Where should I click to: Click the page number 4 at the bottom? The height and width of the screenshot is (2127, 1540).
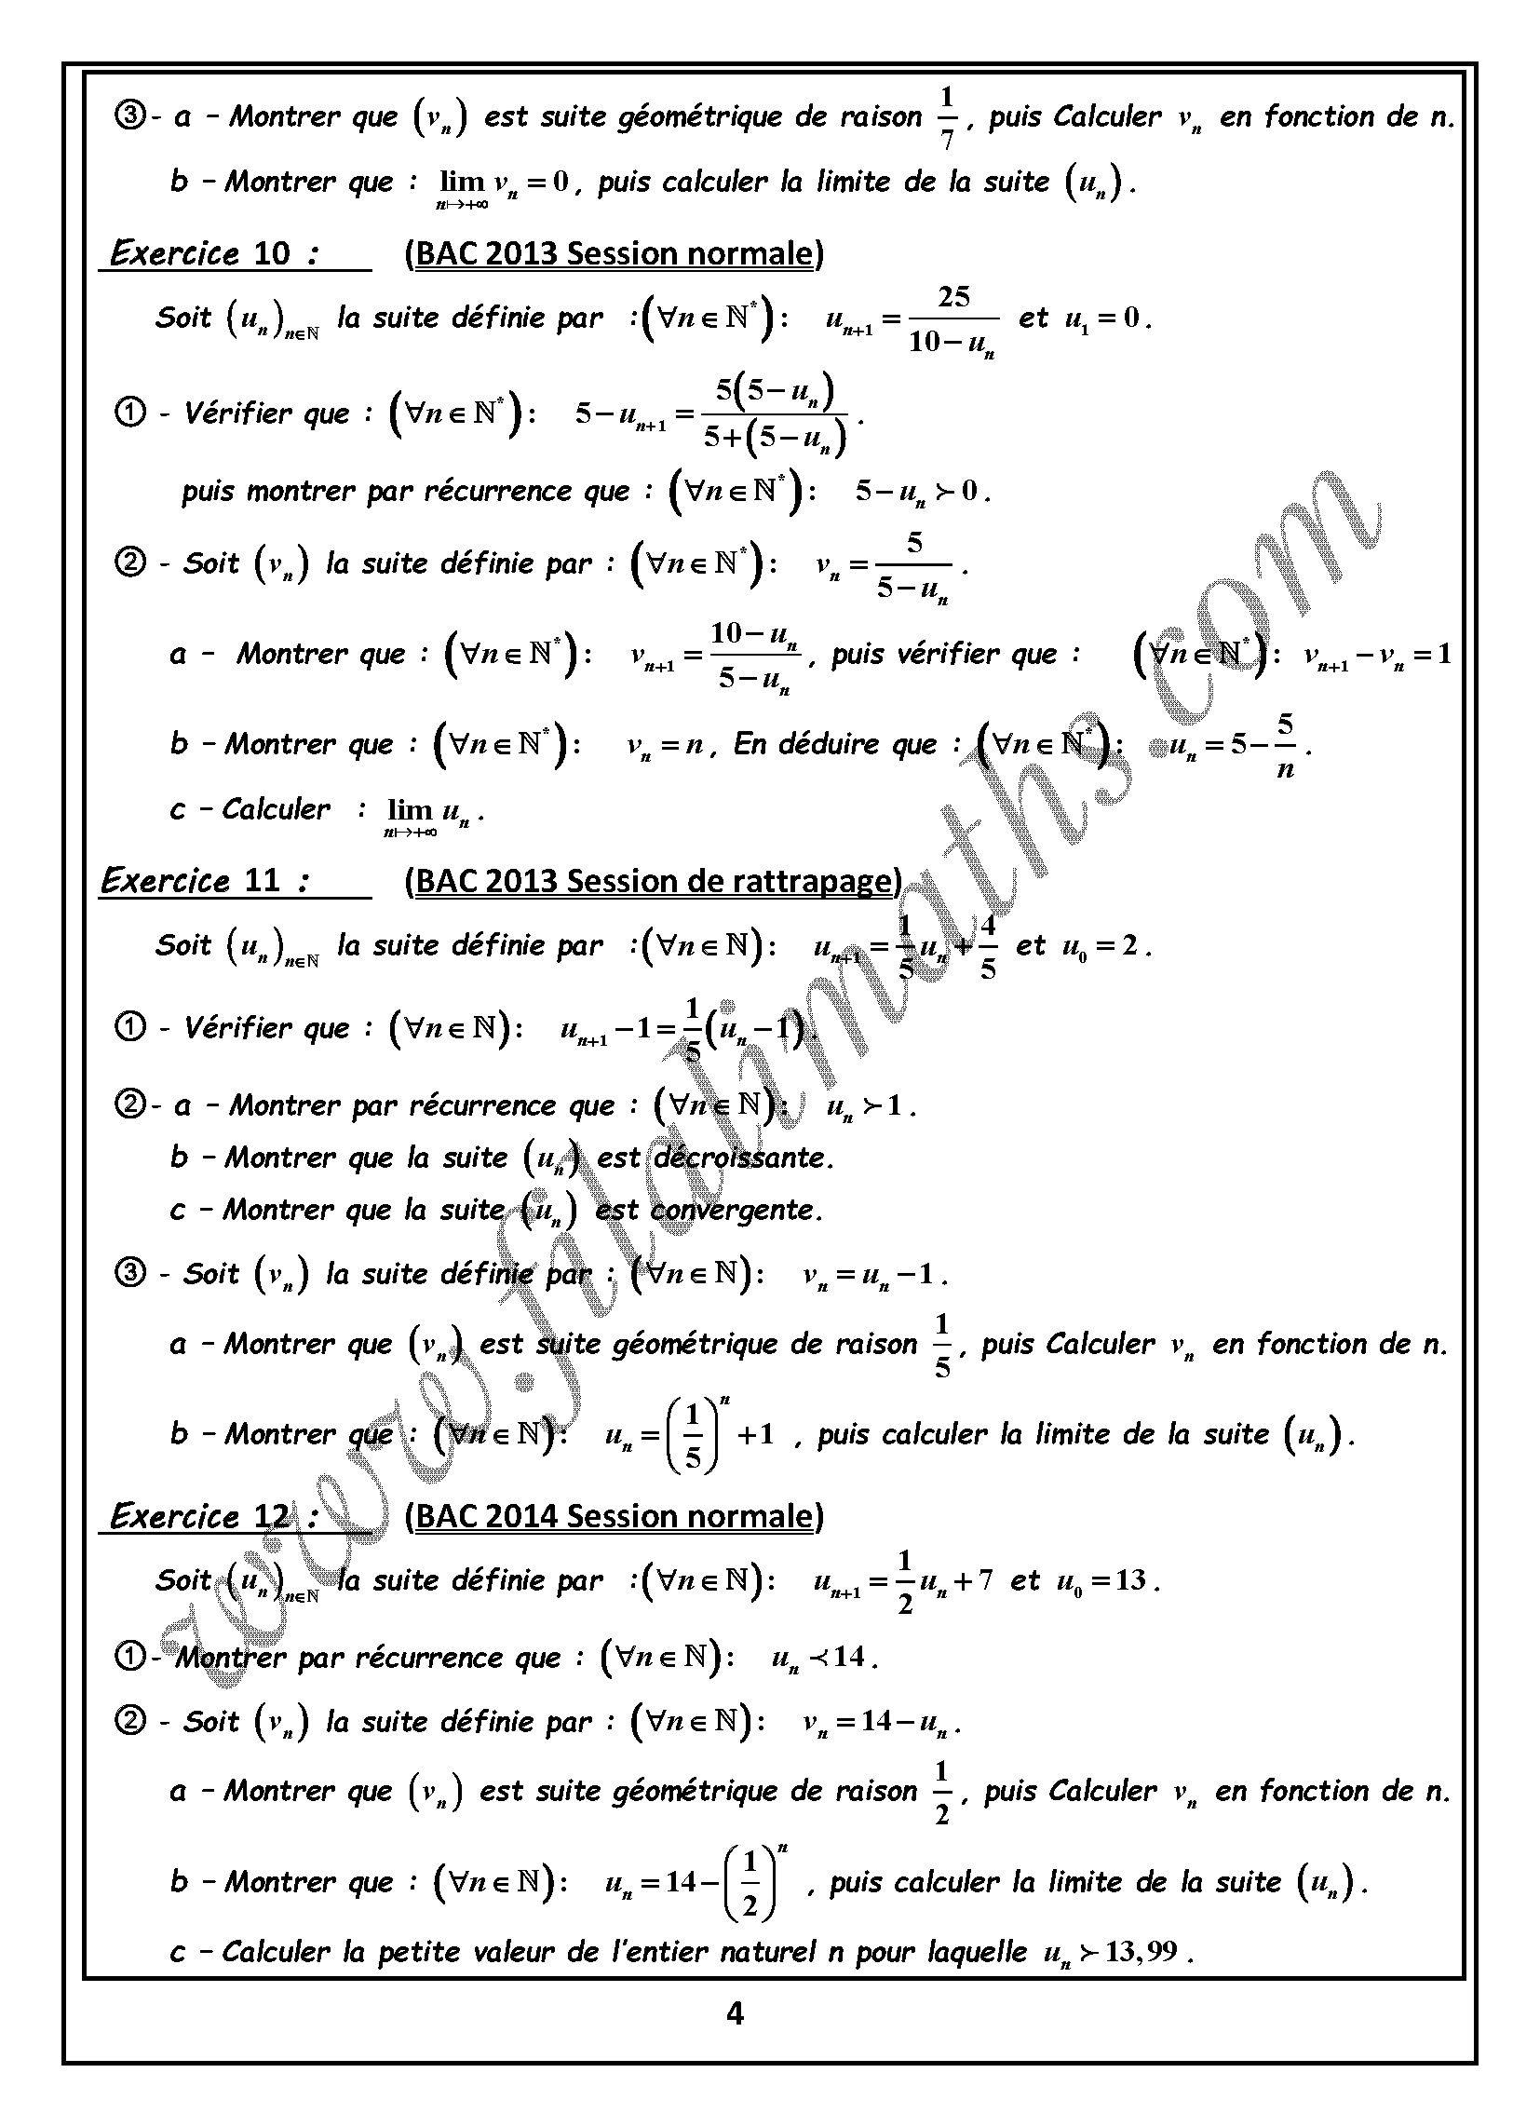[x=735, y=2013]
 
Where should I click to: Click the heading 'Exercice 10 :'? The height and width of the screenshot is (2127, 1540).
[x=214, y=254]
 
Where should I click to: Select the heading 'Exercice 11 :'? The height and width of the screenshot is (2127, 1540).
[x=206, y=882]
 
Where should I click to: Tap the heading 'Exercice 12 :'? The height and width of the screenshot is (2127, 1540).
[x=214, y=1516]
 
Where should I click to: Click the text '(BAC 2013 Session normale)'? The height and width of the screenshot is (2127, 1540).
[x=615, y=254]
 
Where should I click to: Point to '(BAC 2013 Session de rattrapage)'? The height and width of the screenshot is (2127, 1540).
[x=654, y=882]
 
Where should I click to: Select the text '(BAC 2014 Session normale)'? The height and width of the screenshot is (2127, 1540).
[x=615, y=1516]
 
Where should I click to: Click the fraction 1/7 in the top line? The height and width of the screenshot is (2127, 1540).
[x=946, y=118]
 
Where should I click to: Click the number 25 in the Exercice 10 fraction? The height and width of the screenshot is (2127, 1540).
[x=952, y=297]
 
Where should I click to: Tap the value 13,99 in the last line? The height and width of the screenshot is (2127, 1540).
[x=1141, y=1952]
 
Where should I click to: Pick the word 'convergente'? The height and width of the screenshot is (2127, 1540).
[x=736, y=1210]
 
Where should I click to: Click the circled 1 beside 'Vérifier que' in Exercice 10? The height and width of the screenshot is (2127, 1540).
[x=130, y=413]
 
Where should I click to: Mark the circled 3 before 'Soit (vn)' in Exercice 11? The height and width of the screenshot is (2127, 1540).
[x=130, y=1273]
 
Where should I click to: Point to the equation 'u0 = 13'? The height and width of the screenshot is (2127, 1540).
[x=1103, y=1581]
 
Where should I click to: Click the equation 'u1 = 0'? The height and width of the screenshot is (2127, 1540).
[x=1103, y=318]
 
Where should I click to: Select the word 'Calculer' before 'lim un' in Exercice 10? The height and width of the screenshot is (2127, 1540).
[x=276, y=808]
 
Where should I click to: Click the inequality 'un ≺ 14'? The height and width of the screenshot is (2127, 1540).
[x=822, y=1658]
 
